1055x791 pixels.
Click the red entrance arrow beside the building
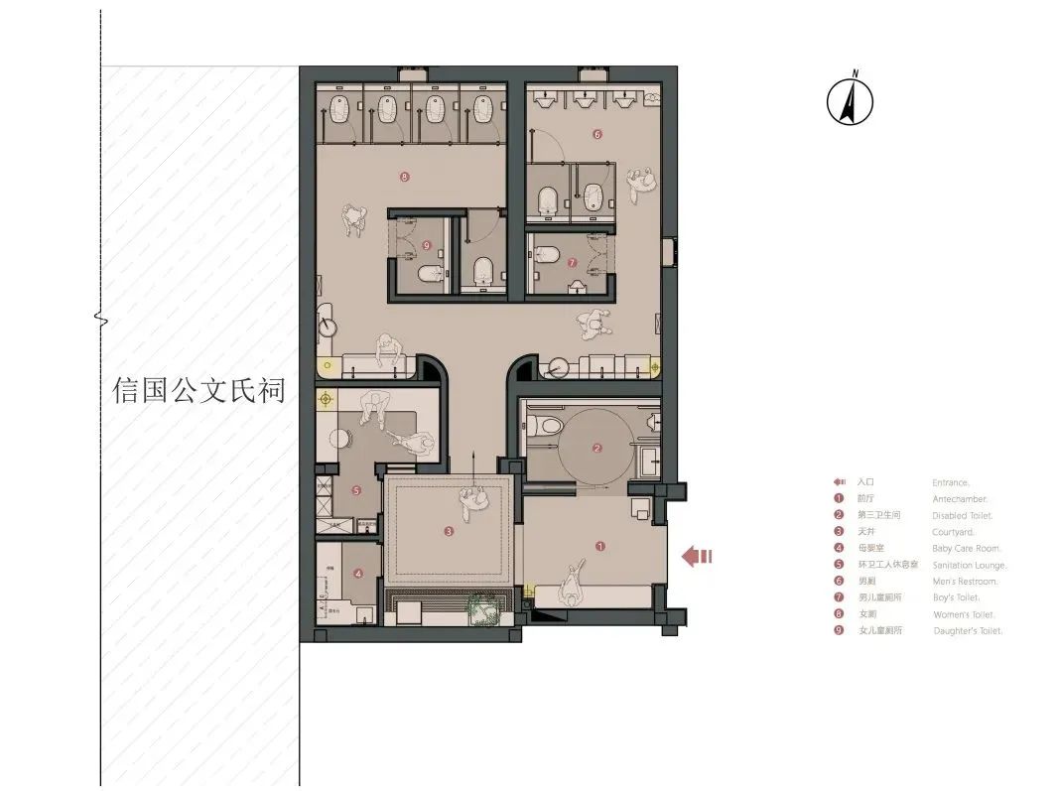697,557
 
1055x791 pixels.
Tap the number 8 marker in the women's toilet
404,178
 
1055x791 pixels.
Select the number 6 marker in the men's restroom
597,133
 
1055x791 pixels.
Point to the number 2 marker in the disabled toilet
596,449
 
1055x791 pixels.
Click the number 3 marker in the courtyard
449,532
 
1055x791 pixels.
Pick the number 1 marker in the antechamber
598,545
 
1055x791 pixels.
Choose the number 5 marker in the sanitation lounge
356,490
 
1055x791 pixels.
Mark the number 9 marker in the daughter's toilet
426,245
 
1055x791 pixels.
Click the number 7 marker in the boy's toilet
572,263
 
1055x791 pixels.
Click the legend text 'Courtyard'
952,532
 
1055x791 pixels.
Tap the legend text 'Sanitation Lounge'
970,565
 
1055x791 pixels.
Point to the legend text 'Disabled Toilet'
963,516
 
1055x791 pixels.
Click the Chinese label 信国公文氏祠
198,390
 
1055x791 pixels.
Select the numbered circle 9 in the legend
839,630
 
